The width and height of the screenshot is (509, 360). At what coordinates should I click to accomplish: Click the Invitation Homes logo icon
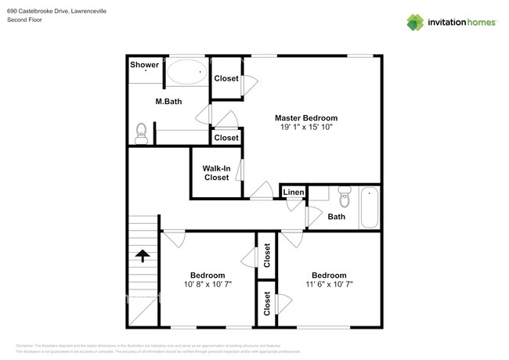pyautogui.click(x=416, y=22)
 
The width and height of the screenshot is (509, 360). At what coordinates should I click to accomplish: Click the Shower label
pyautogui.click(x=145, y=65)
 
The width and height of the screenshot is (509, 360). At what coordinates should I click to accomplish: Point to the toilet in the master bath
pyautogui.click(x=142, y=132)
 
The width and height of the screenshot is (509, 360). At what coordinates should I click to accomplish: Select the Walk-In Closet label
pyautogui.click(x=216, y=173)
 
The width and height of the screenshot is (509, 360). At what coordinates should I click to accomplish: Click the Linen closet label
pyautogui.click(x=294, y=193)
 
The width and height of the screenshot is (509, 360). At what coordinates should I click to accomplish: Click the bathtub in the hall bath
pyautogui.click(x=369, y=207)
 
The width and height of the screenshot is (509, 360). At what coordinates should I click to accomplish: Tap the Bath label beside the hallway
pyautogui.click(x=337, y=217)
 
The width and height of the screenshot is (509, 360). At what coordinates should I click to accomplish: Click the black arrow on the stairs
pyautogui.click(x=143, y=257)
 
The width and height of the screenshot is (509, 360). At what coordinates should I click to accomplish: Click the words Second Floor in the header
pyautogui.click(x=26, y=20)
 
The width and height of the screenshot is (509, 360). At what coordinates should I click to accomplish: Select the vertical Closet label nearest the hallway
pyautogui.click(x=267, y=255)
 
